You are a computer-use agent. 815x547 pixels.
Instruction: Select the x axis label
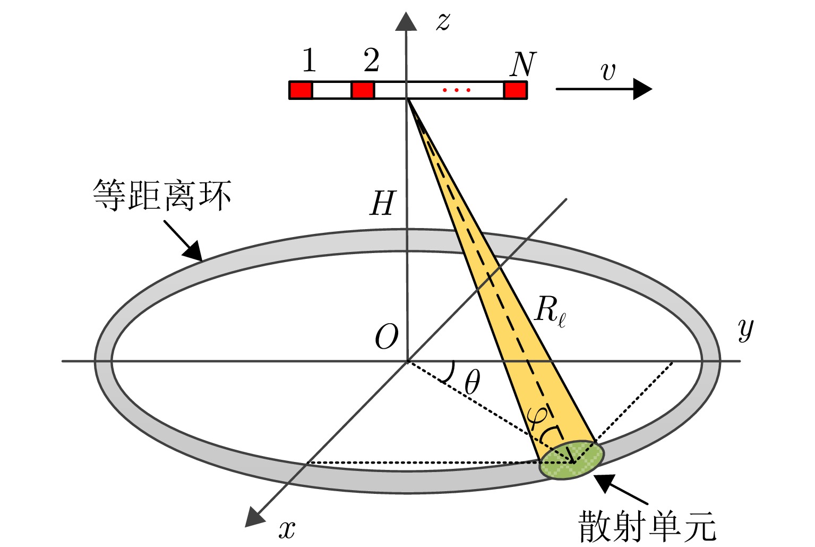point(287,529)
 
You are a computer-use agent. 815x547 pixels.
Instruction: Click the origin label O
point(386,337)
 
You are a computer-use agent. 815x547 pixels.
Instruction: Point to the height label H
point(383,204)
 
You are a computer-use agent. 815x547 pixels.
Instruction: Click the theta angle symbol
point(472,382)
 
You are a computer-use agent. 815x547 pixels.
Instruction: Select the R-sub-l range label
point(550,310)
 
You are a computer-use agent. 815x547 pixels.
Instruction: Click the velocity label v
point(608,71)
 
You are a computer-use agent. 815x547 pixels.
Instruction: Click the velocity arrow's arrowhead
point(642,89)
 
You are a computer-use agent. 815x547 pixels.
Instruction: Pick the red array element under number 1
point(301,90)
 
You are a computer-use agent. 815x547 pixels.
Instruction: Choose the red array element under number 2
point(363,90)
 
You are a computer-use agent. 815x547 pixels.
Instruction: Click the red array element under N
point(515,90)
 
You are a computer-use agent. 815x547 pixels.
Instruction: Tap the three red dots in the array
point(456,90)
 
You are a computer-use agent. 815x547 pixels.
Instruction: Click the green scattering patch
point(572,460)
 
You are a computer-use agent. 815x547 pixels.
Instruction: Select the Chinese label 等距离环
point(162,196)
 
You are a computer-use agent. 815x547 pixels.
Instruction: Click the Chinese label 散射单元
point(647,526)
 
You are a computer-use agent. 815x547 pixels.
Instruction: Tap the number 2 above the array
point(372,61)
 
